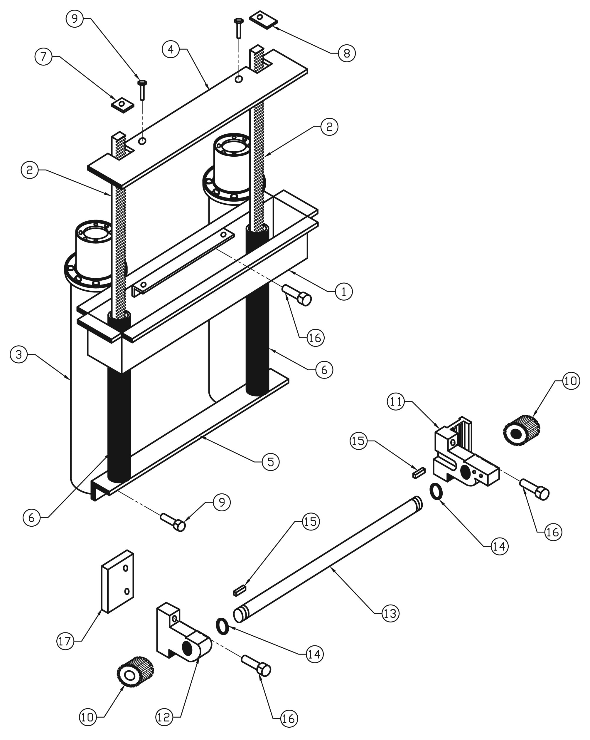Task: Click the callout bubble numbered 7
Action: click(43, 57)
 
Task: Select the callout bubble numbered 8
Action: click(347, 53)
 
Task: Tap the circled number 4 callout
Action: click(171, 49)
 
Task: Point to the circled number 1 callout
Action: click(343, 292)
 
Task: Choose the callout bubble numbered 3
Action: click(19, 354)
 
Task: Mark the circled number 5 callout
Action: click(270, 462)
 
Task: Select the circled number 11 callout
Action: click(396, 401)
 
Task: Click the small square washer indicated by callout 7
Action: click(122, 104)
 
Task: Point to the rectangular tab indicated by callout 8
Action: click(263, 19)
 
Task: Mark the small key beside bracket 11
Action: click(419, 473)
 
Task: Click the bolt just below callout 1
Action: click(296, 295)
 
